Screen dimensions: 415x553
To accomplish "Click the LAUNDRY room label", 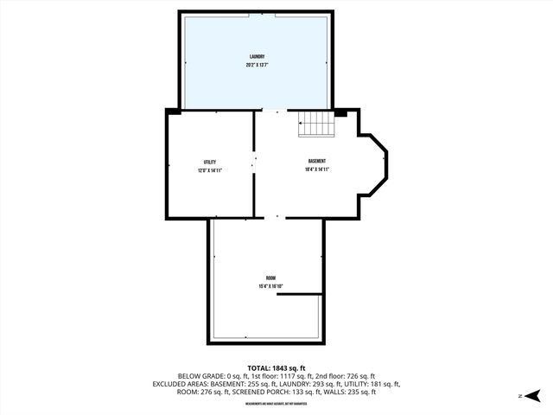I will point(257,58).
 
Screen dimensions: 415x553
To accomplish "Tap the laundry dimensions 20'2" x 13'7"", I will point(257,66).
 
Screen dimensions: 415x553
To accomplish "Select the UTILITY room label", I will point(209,163).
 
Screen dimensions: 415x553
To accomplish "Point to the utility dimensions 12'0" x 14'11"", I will point(209,170).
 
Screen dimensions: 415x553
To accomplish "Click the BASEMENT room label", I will point(317,162).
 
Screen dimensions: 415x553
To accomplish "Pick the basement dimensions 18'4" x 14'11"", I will point(317,169).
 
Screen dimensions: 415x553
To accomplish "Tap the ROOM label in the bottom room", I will point(270,278).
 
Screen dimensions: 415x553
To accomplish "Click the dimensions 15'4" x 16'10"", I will point(270,286).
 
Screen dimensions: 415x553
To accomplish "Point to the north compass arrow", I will point(534,395).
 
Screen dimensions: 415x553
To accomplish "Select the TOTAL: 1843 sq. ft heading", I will point(276,367).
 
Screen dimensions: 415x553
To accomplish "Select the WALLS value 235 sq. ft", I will point(360,392).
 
